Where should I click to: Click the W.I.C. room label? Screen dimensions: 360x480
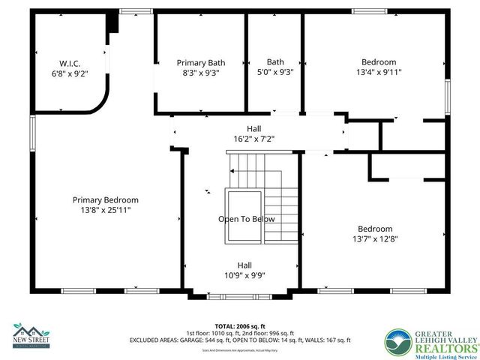pos(70,63)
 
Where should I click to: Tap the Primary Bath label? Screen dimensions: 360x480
pos(200,63)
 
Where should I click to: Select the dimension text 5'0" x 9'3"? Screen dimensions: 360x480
pos(274,73)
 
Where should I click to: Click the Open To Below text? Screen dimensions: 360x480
pos(246,219)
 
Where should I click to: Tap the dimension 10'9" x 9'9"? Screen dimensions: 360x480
pos(244,275)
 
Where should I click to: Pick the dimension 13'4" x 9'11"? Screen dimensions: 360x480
pos(379,73)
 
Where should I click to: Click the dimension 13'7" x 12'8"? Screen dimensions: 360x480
pos(374,239)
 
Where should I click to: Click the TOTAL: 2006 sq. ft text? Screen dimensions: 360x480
pos(239,325)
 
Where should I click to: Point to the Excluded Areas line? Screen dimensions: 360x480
pos(239,340)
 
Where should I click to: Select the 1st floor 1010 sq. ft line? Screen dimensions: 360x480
pos(239,333)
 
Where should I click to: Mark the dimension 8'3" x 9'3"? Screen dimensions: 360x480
pos(200,73)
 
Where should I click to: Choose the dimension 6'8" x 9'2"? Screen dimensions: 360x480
pos(70,73)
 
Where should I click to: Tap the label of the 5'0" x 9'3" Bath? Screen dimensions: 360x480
pos(274,62)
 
